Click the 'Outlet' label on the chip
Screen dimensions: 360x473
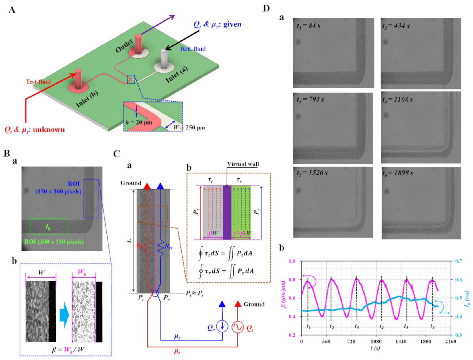point(124,45)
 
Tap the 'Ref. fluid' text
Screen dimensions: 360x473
point(193,49)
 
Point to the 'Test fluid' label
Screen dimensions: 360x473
point(38,82)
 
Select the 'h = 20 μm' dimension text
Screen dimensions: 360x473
point(139,123)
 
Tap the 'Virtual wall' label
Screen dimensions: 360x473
point(243,164)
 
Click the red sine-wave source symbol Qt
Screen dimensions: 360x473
point(237,327)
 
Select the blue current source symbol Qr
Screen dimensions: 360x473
point(222,326)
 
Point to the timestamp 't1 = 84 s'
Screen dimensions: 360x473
point(308,26)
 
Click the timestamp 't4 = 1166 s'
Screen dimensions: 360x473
point(397,100)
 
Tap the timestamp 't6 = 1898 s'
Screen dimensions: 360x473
point(397,173)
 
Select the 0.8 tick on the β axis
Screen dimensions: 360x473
point(292,280)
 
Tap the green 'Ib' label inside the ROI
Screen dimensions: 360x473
point(48,227)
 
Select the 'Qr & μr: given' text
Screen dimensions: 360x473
point(217,24)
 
